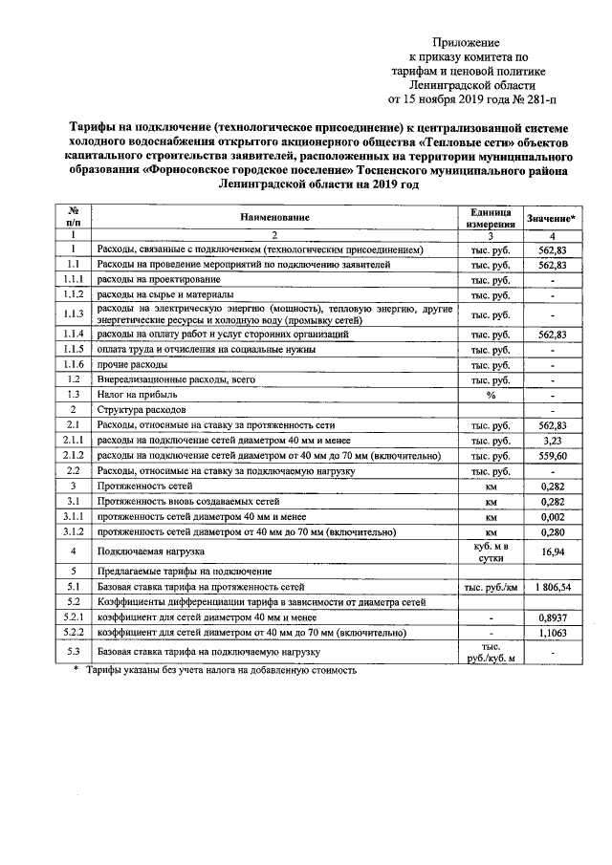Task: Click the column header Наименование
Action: [274, 218]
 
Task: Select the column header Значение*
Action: [553, 218]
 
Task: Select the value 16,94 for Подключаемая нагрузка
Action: [554, 551]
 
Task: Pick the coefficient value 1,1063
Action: [554, 633]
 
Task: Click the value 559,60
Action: [554, 456]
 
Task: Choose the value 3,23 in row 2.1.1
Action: [554, 440]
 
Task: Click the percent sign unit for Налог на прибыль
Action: [491, 394]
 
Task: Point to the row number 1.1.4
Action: [73, 335]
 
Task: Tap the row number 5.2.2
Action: [73, 633]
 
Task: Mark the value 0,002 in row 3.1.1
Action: [554, 517]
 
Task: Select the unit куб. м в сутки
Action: [491, 551]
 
